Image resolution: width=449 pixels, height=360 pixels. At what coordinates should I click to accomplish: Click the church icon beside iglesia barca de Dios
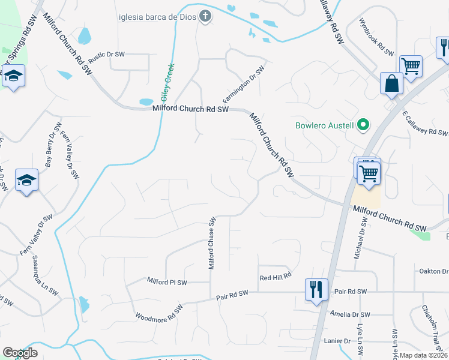(206, 16)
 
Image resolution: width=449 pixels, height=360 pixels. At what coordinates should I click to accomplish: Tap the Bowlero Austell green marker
(363, 125)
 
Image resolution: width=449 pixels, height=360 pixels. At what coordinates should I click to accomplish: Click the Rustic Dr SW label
(106, 57)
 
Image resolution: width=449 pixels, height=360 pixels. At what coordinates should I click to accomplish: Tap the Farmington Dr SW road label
(244, 85)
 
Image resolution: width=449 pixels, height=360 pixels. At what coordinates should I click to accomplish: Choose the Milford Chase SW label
(212, 243)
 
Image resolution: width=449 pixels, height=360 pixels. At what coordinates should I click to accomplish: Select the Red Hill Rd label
(276, 277)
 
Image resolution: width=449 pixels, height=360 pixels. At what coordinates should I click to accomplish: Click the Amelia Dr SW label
(351, 314)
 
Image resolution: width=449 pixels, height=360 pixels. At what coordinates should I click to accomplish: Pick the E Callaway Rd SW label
(424, 124)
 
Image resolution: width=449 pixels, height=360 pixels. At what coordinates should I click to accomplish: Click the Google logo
(19, 353)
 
